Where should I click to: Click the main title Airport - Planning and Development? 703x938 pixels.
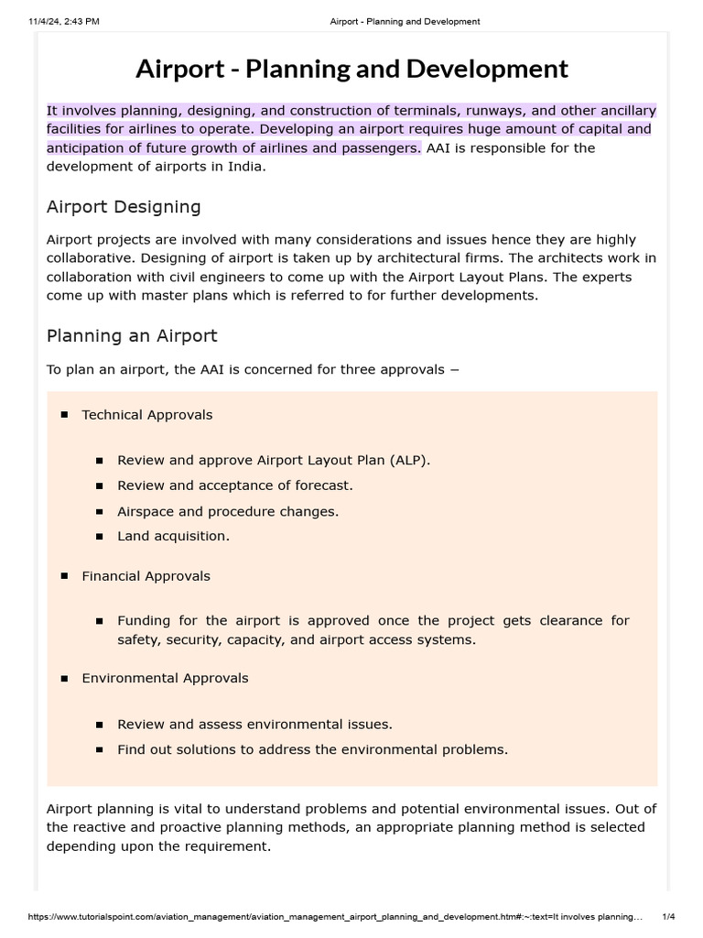[351, 69]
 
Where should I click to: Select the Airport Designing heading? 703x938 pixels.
[124, 206]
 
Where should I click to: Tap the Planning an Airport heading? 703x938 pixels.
[132, 335]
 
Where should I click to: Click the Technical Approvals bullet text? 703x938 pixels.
[146, 415]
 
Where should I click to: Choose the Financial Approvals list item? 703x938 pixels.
[146, 576]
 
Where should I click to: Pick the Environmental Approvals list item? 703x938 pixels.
[165, 678]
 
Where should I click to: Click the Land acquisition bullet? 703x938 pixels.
[173, 536]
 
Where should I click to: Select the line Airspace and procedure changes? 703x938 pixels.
[228, 511]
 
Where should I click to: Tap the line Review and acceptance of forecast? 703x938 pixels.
[234, 485]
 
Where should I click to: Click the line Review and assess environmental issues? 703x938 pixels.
[254, 724]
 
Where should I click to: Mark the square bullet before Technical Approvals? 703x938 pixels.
[65, 415]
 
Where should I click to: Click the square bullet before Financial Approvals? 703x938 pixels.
[65, 576]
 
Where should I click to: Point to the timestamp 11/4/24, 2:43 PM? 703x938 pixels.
[63, 21]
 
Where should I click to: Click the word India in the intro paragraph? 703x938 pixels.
[244, 167]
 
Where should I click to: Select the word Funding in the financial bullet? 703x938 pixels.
[144, 620]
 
